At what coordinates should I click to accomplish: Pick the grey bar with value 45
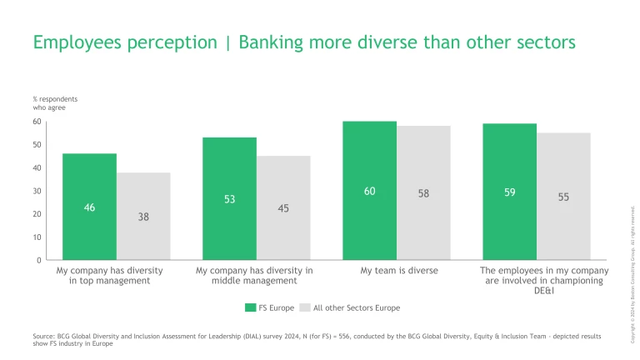click(x=283, y=207)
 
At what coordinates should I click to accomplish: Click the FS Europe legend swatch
click(x=250, y=307)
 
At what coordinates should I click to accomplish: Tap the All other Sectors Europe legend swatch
click(x=305, y=307)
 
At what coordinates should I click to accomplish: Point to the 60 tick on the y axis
click(x=37, y=122)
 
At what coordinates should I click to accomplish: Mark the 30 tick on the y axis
click(x=37, y=191)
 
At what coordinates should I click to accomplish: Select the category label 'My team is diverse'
click(x=399, y=271)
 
